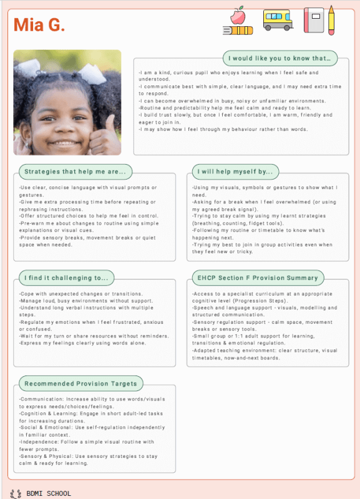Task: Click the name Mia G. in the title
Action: (x=39, y=24)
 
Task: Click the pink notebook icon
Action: (x=313, y=21)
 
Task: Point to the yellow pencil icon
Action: (x=331, y=21)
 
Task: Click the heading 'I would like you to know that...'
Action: (x=279, y=59)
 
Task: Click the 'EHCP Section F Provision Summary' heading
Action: (x=258, y=278)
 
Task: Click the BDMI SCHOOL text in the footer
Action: (x=49, y=493)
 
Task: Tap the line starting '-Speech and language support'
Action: (x=265, y=308)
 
